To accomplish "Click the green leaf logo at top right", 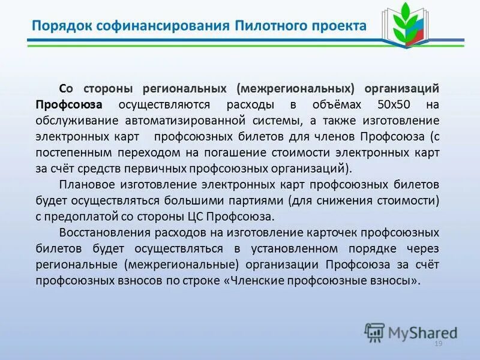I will [x=408, y=26].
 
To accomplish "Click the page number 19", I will [x=437, y=343].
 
